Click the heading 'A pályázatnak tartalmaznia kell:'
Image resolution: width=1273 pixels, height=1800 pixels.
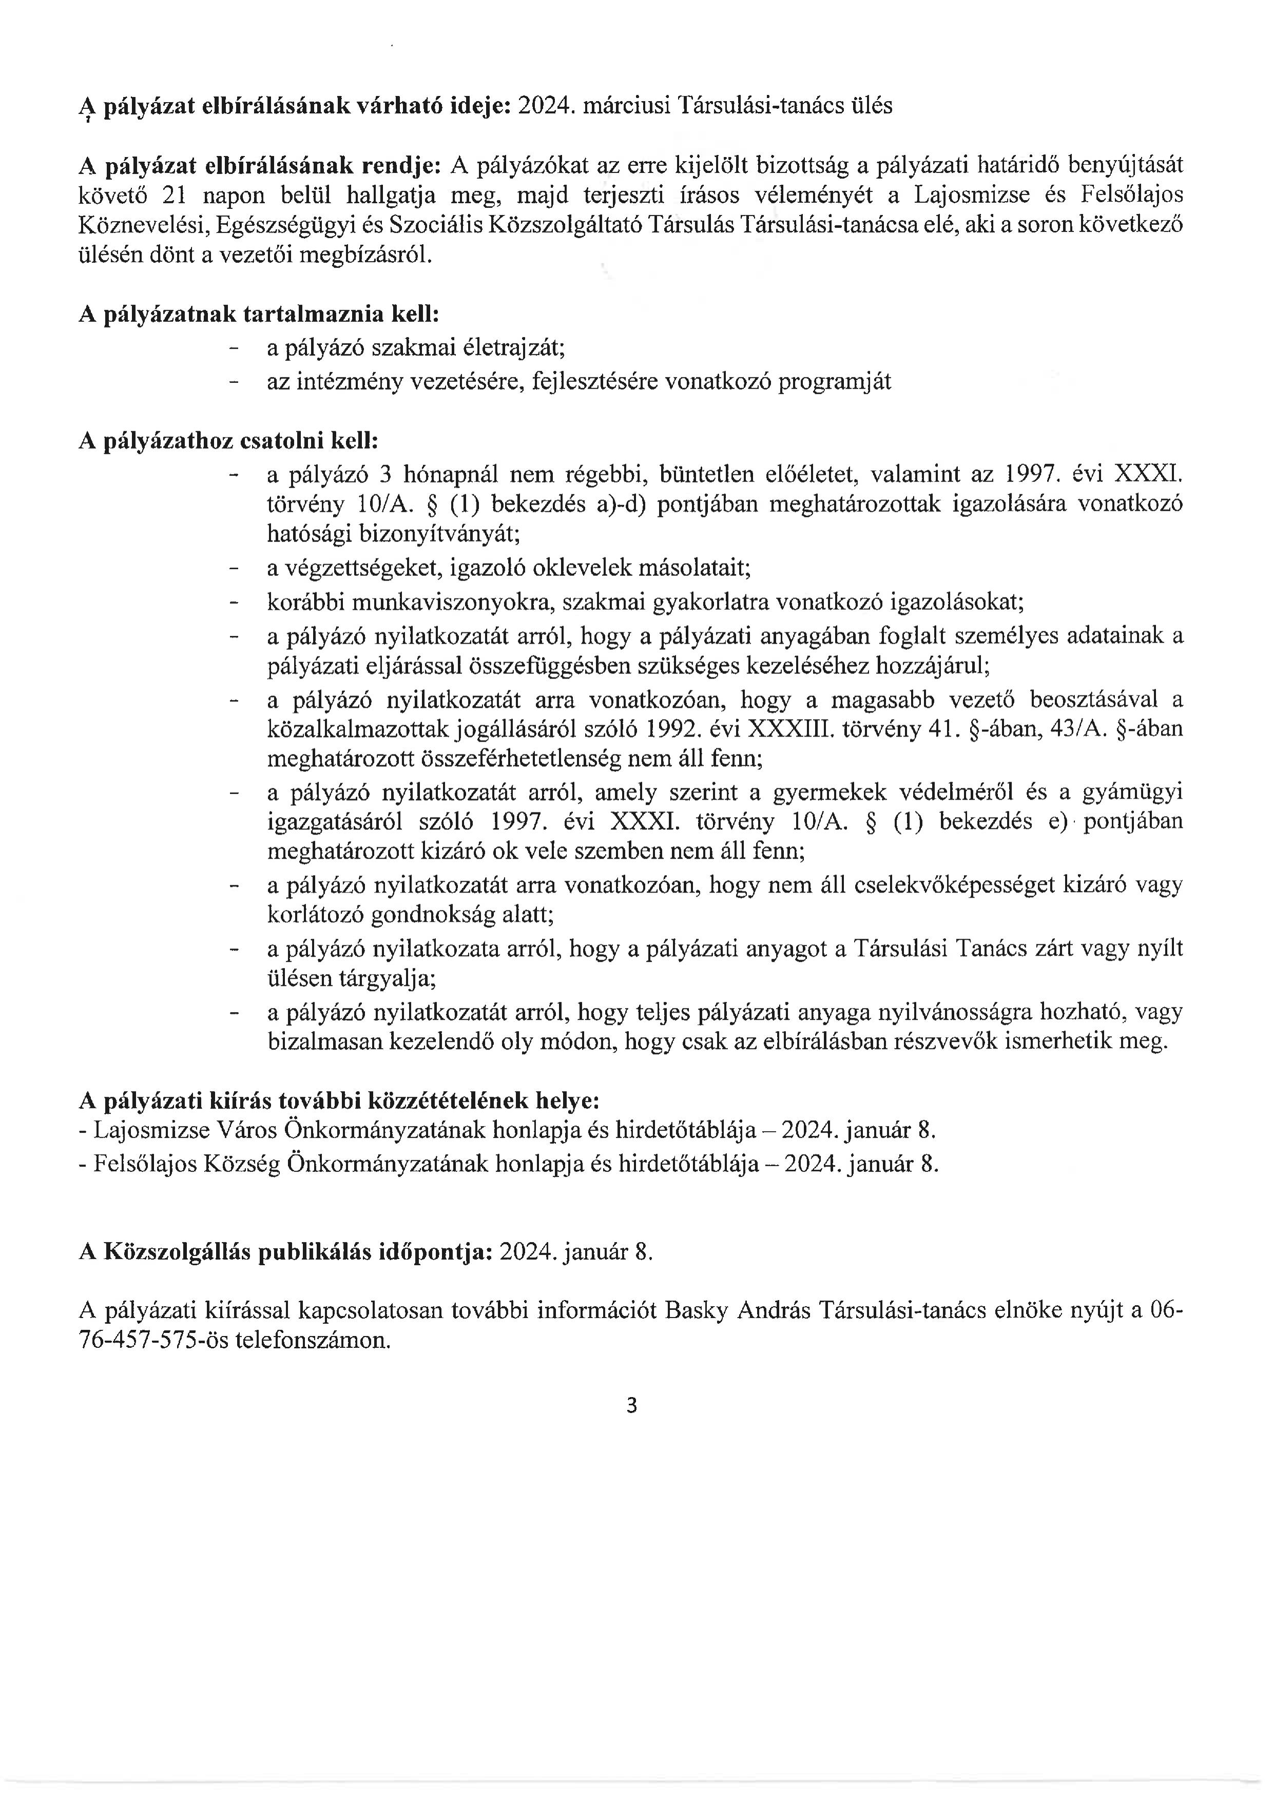tap(259, 315)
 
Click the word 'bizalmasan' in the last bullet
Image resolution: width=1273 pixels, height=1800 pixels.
tap(319, 1042)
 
